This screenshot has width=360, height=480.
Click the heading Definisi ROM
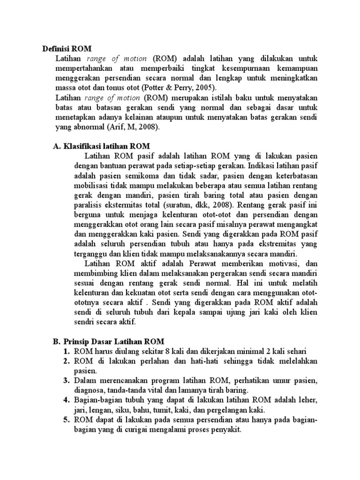pos(67,48)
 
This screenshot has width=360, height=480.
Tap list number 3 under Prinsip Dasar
pos(67,381)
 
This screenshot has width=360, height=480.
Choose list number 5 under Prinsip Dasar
pos(67,420)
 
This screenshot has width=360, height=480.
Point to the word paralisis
pos(90,205)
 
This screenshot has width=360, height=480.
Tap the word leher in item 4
pos(307,400)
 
